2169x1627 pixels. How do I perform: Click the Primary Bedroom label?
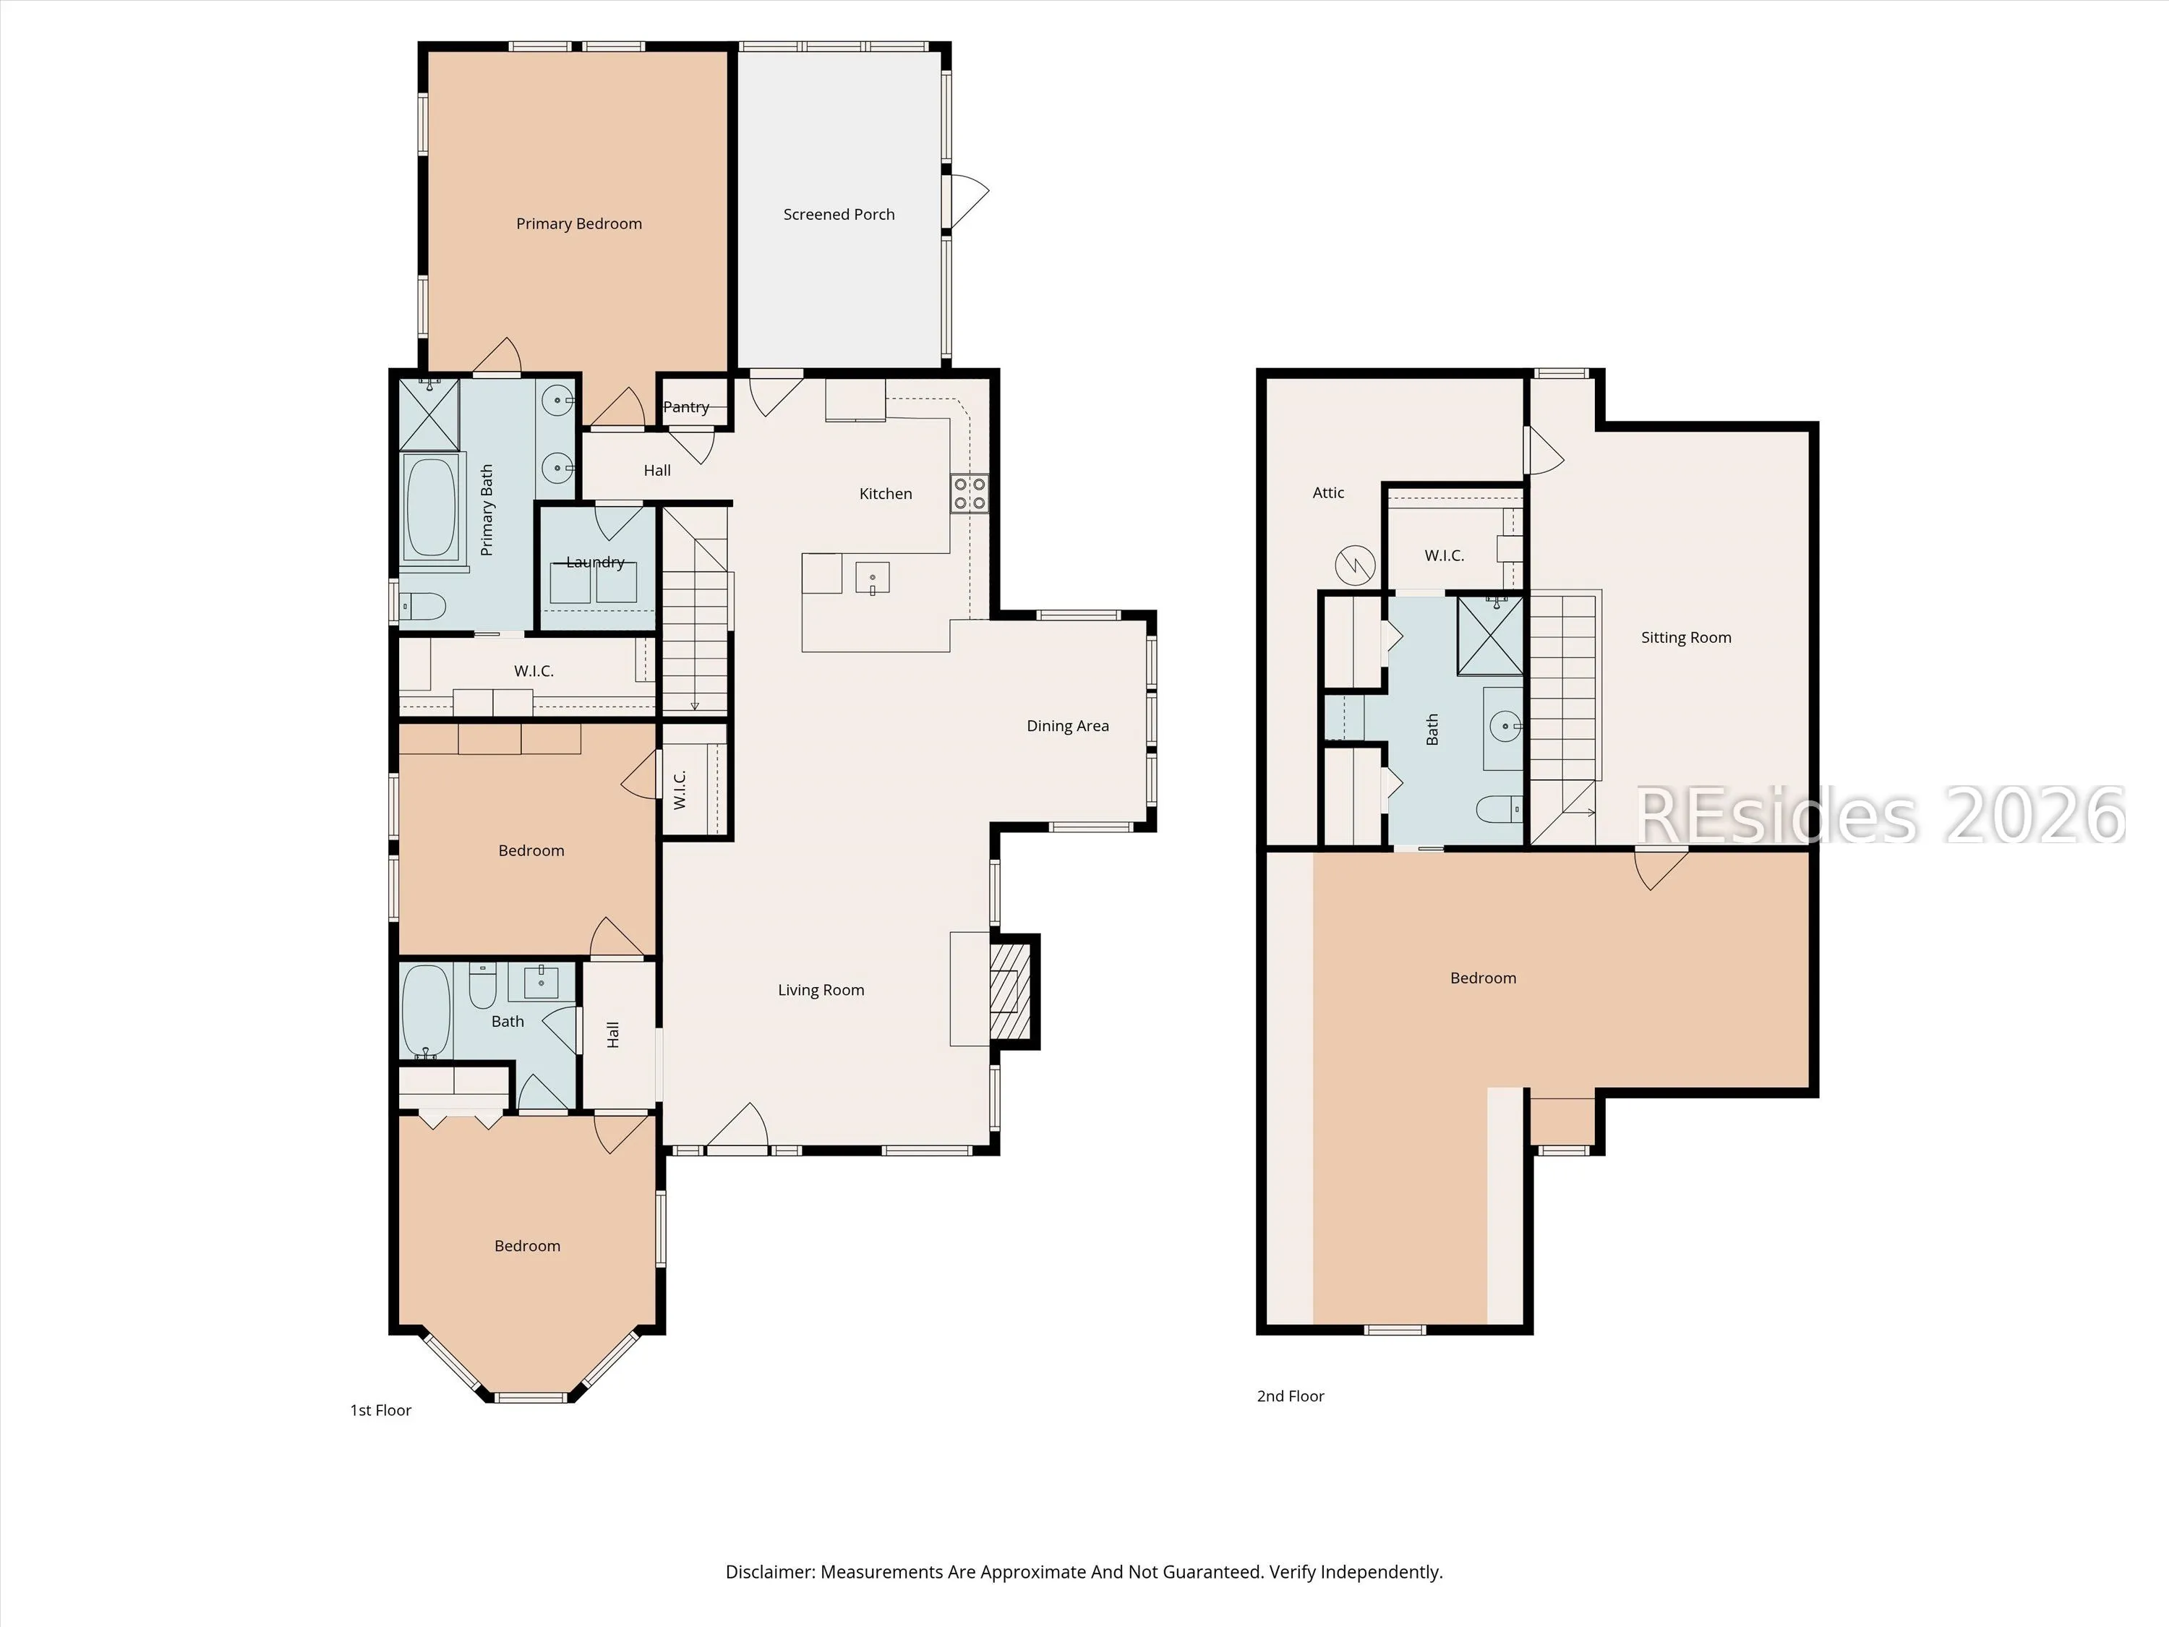click(578, 223)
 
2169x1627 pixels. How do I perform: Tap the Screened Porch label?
click(839, 214)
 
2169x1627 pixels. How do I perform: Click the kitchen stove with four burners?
click(970, 493)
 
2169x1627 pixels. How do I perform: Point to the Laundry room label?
click(594, 562)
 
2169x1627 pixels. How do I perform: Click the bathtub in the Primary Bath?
click(430, 509)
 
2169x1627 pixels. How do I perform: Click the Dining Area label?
click(1068, 726)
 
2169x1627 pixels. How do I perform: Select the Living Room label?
click(821, 989)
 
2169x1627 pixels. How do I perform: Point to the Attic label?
click(1327, 492)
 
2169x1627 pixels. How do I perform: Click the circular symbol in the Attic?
click(1354, 564)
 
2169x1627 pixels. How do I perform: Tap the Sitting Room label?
click(1685, 638)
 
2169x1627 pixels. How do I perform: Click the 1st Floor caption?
click(380, 1410)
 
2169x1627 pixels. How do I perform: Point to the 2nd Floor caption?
click(1291, 1396)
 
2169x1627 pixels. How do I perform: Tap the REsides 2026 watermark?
click(1881, 816)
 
